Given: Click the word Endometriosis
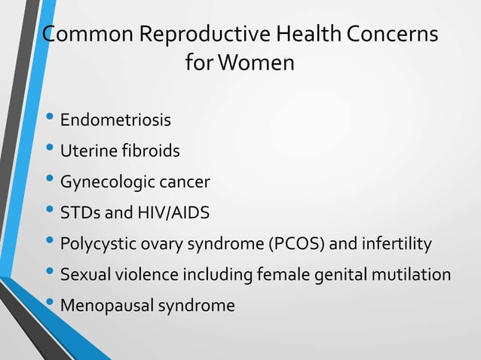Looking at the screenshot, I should point(115,121).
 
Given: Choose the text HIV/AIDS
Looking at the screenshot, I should point(176,213).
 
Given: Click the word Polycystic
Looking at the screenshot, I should point(94,244).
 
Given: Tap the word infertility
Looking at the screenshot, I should point(397,244).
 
